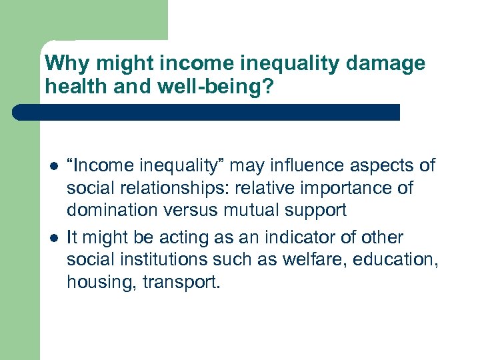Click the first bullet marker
point(51,166)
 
